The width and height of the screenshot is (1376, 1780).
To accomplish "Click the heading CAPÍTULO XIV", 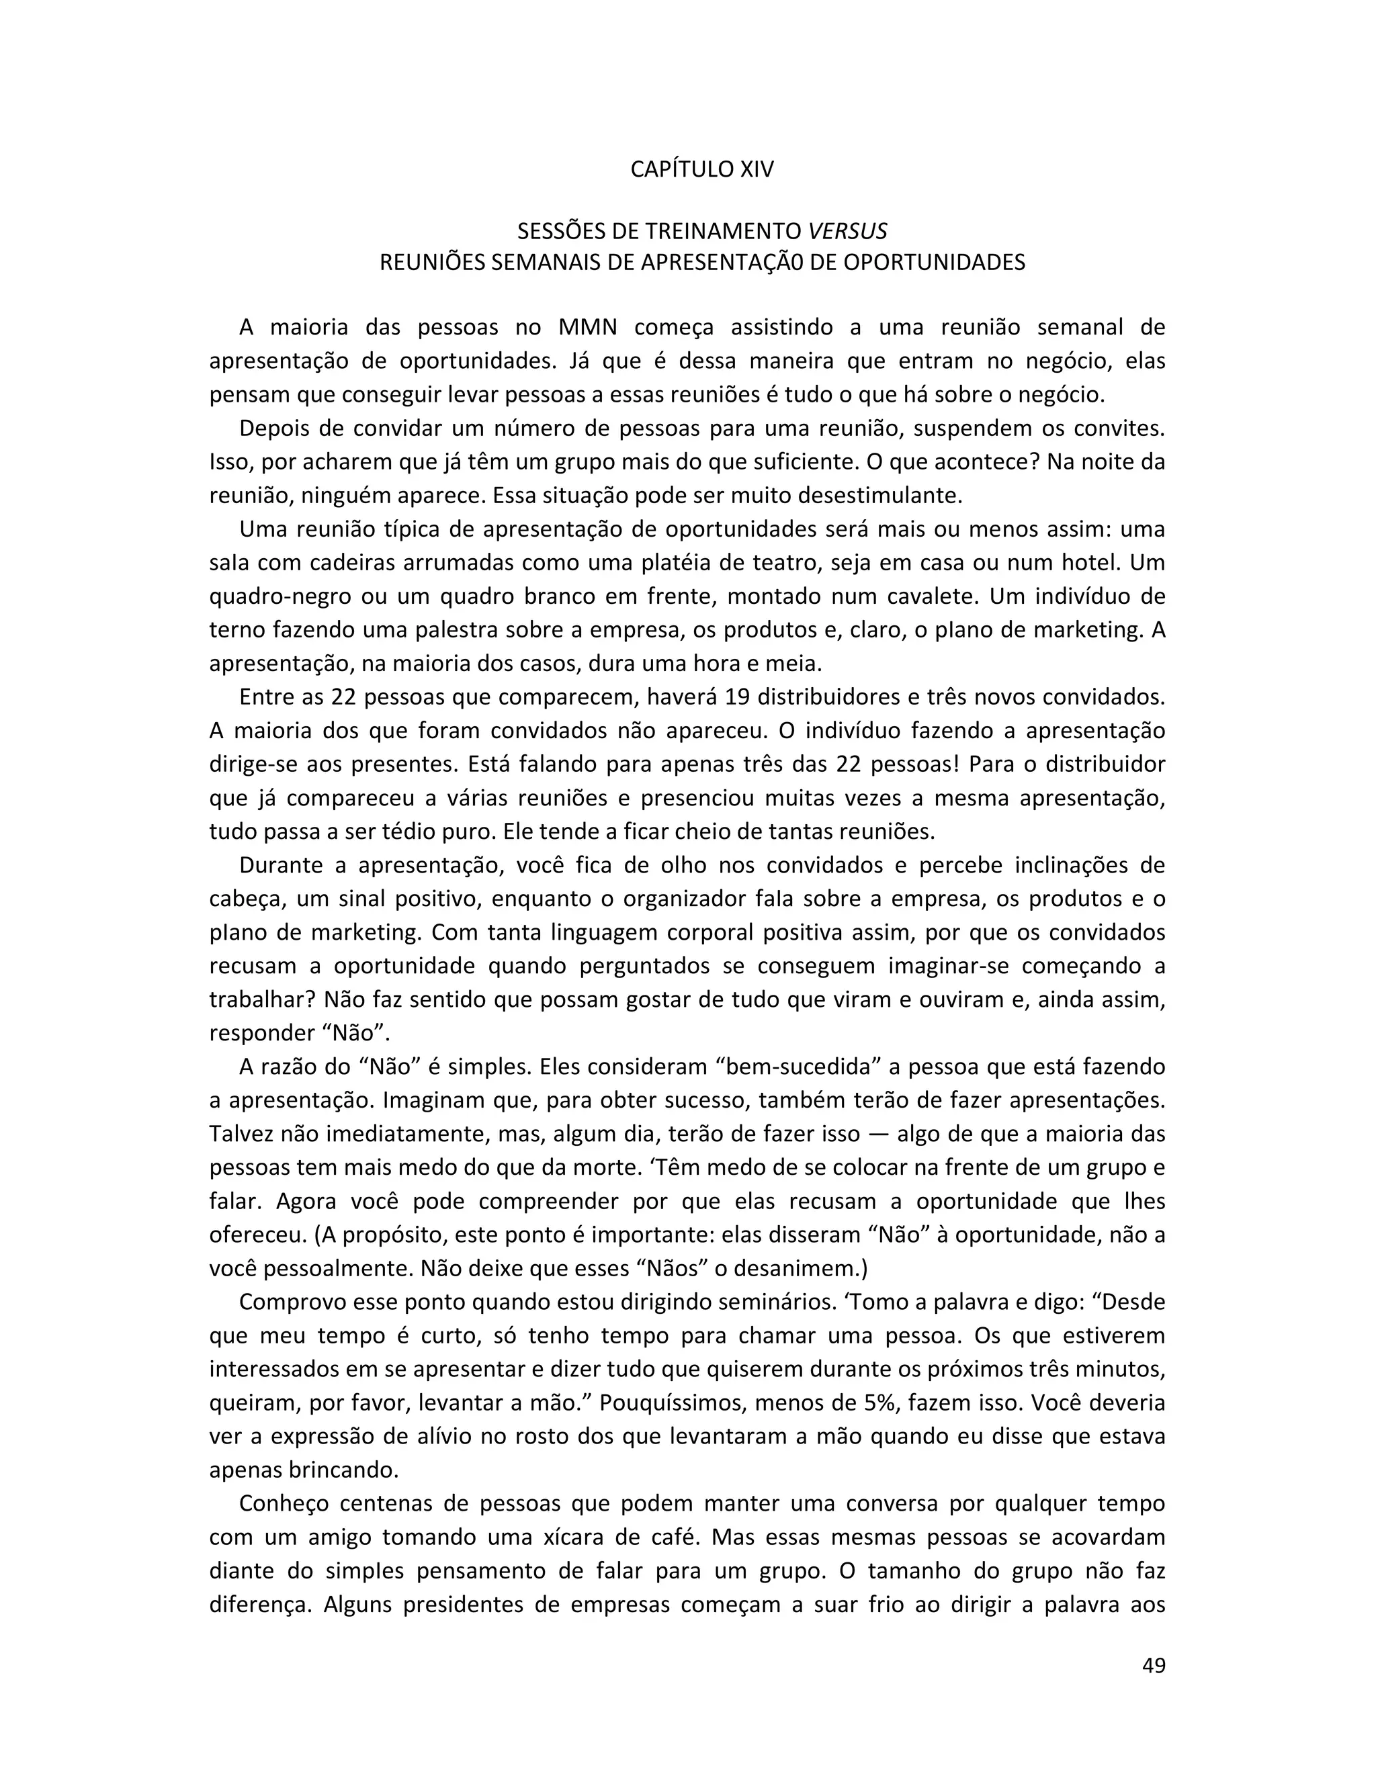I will coord(702,169).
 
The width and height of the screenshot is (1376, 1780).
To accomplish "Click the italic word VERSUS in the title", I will coord(847,232).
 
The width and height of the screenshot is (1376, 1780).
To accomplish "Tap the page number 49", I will coord(1154,1665).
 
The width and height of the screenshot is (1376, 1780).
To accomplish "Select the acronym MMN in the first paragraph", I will coord(588,328).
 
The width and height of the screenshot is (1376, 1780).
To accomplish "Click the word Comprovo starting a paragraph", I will coord(290,1302).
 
